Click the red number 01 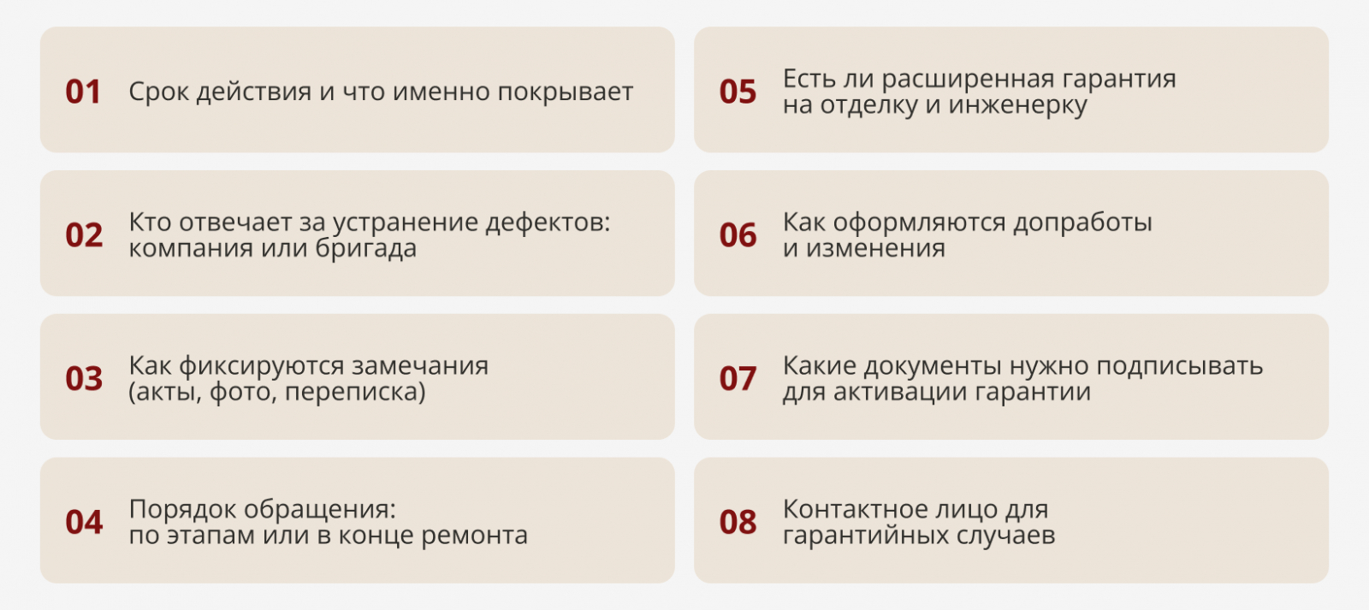coord(83,92)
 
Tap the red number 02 coord(84,235)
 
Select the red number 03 coord(84,379)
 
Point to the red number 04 coord(84,523)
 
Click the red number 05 coord(738,92)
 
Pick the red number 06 coord(738,235)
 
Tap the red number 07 coord(738,379)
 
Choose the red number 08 coord(738,523)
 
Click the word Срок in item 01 coord(159,92)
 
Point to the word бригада coord(366,249)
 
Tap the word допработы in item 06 coord(1083,223)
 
